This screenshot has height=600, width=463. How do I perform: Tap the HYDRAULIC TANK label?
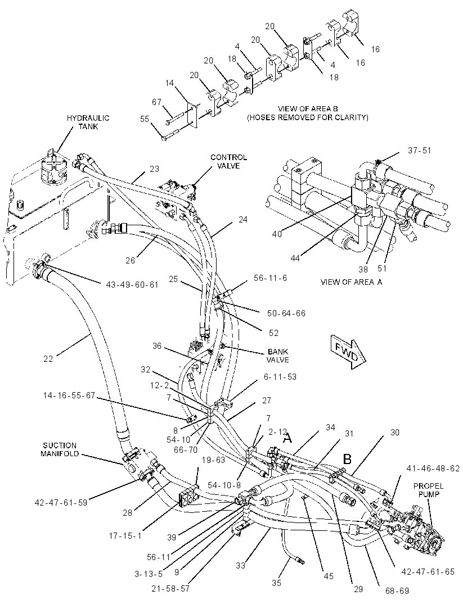click(88, 122)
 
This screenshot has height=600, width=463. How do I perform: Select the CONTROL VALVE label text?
click(228, 161)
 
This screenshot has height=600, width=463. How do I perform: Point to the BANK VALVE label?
click(278, 356)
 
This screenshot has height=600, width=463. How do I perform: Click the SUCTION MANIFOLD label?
click(60, 449)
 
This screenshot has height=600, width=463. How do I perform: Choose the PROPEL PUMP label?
click(428, 490)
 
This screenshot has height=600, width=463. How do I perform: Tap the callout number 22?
click(48, 359)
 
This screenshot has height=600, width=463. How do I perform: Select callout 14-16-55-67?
click(69, 396)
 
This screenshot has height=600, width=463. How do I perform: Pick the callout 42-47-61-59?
click(61, 502)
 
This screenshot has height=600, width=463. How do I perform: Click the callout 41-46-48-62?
click(433, 469)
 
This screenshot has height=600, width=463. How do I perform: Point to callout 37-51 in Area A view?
click(419, 151)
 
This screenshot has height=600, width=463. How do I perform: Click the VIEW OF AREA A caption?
click(351, 282)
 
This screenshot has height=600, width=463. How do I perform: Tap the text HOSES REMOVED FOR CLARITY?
click(307, 117)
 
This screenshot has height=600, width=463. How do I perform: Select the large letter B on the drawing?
click(347, 459)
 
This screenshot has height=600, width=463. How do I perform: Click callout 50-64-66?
click(286, 313)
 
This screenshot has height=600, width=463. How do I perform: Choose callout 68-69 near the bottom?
click(397, 591)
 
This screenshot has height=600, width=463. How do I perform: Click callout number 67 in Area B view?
click(157, 102)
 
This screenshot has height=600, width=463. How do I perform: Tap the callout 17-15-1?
click(125, 536)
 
